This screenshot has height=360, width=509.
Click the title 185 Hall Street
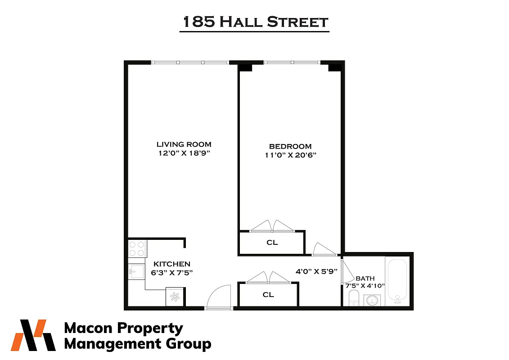(x=254, y=22)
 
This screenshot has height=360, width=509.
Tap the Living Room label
(x=184, y=144)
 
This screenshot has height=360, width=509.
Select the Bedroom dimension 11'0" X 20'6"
(x=290, y=156)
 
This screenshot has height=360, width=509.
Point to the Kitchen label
(x=172, y=264)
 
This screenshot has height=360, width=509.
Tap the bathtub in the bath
(x=397, y=281)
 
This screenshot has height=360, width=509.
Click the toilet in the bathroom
(x=354, y=297)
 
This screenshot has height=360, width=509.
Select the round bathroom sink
(x=372, y=300)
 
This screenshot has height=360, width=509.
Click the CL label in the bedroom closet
(x=272, y=243)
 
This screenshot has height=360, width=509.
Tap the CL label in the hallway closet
(x=268, y=295)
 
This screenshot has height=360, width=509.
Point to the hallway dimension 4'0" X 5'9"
(x=316, y=272)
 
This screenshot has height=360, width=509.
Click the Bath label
(x=365, y=279)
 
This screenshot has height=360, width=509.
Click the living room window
(x=190, y=62)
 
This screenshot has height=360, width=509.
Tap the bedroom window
(x=292, y=62)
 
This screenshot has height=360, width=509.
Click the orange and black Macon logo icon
(x=34, y=335)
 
